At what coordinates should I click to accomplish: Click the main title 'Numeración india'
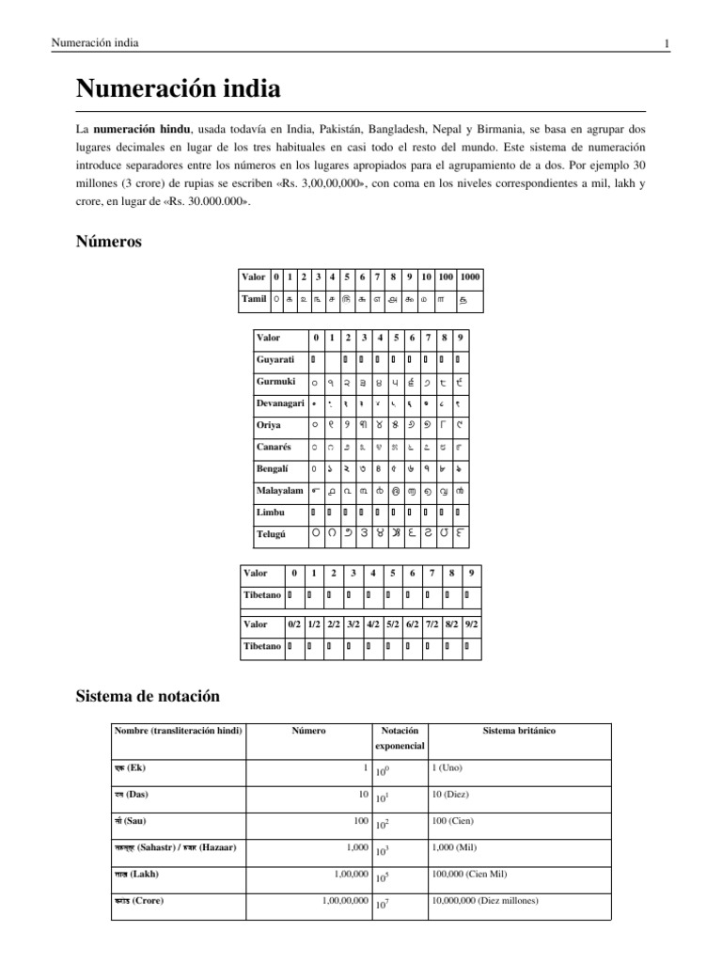(x=178, y=90)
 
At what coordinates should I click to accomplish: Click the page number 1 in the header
(x=667, y=44)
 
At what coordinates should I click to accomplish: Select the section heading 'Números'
(x=108, y=242)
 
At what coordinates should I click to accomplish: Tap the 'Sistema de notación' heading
(x=147, y=696)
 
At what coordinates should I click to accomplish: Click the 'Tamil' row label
(x=254, y=300)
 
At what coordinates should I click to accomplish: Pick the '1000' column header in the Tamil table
(x=470, y=277)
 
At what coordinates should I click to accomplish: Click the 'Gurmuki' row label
(x=275, y=382)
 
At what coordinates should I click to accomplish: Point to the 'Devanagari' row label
(x=280, y=403)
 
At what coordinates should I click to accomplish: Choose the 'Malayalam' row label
(x=279, y=491)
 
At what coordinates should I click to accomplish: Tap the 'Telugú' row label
(x=272, y=535)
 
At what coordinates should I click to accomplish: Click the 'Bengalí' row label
(x=274, y=469)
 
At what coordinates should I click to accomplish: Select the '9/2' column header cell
(x=471, y=624)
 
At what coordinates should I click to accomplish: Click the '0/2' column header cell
(x=294, y=624)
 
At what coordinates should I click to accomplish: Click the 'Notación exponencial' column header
(x=400, y=738)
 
